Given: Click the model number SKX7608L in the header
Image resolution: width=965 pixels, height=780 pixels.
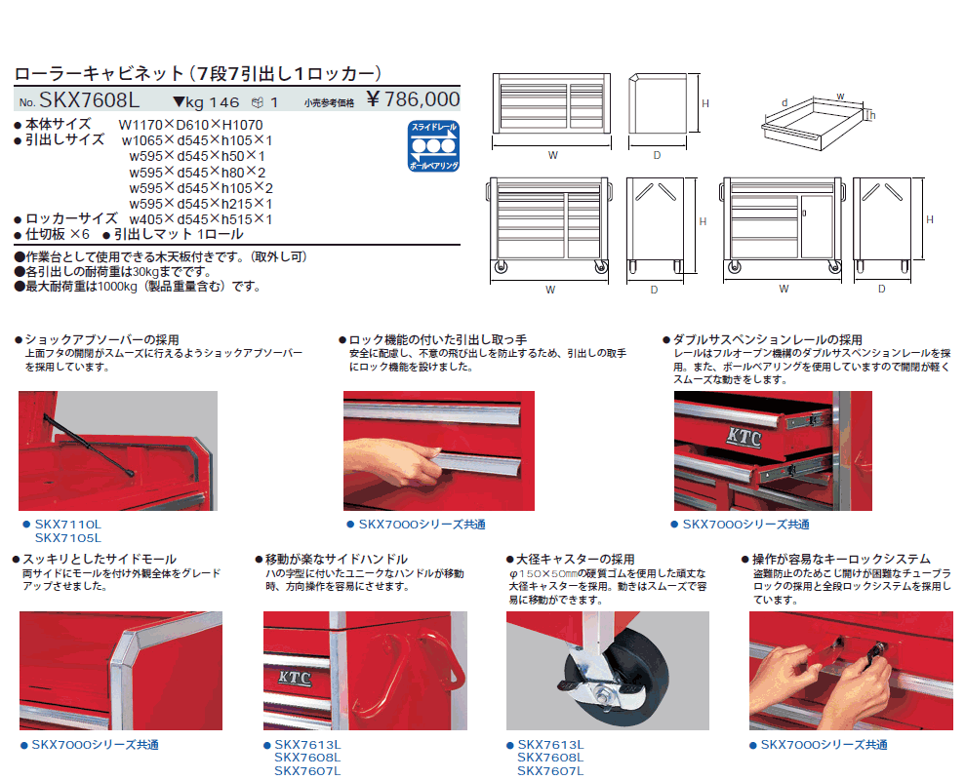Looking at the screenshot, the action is click(x=89, y=99).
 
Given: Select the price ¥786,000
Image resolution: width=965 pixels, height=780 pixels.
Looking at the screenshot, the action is click(x=413, y=99).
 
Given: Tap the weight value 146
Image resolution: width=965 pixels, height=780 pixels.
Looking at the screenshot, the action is click(x=224, y=102).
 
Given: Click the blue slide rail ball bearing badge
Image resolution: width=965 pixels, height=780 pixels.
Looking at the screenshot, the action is click(x=434, y=146).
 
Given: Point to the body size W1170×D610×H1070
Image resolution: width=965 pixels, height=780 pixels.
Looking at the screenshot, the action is click(x=191, y=125).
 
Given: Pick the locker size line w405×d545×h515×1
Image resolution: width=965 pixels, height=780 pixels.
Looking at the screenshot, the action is click(x=201, y=219).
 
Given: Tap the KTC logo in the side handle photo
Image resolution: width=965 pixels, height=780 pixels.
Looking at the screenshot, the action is click(x=295, y=678).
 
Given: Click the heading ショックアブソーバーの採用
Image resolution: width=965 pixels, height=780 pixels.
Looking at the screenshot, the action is click(x=101, y=339).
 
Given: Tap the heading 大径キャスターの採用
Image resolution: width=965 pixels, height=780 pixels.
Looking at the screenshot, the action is click(x=575, y=560).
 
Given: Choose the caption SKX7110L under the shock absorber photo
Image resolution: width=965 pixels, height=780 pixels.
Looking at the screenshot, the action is click(x=67, y=525).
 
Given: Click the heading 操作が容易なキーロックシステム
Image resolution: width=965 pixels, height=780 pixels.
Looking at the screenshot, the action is click(x=841, y=560).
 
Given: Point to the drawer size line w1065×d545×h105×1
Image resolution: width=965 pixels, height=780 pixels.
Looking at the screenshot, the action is click(x=197, y=140).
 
